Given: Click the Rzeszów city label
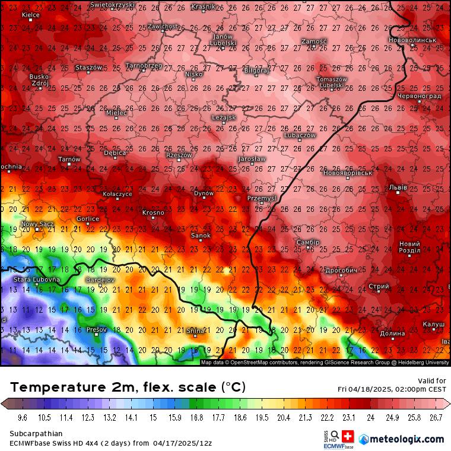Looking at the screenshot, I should coord(179,155).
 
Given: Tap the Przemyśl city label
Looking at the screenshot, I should coord(261,198).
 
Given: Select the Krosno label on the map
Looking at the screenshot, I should coord(153,212).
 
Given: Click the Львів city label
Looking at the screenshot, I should coord(398,188).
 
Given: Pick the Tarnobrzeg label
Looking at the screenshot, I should coord(143,65).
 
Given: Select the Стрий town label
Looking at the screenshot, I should coord(379,287).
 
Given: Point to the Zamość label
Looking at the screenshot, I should coord(314,41).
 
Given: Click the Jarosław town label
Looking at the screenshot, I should coord(251,159).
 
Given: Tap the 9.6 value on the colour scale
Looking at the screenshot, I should coord(24,418).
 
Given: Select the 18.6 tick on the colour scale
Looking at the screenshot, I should coord(240,418).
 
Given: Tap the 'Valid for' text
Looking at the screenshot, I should coord(433,380).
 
